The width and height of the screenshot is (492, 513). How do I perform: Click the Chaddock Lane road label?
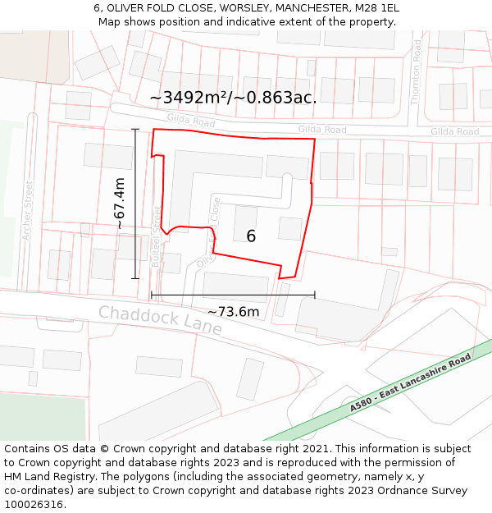[160, 320]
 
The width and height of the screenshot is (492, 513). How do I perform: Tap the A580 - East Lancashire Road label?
[410, 383]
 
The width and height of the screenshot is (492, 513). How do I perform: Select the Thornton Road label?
[417, 73]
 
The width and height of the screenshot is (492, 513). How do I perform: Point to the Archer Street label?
[26, 210]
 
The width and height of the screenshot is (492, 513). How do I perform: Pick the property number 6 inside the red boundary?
[251, 236]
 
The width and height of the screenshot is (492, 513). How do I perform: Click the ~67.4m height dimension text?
[120, 203]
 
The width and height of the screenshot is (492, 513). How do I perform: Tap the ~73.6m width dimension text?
[233, 312]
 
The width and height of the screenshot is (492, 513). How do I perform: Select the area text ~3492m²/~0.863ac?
[233, 97]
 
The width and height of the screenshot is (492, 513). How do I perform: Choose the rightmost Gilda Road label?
[454, 131]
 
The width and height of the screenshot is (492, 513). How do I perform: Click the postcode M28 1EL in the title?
[377, 7]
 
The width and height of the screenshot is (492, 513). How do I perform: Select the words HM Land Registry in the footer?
[49, 476]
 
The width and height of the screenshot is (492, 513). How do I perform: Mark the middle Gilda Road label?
[322, 130]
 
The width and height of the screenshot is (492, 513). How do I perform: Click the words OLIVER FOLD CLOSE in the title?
[147, 7]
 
